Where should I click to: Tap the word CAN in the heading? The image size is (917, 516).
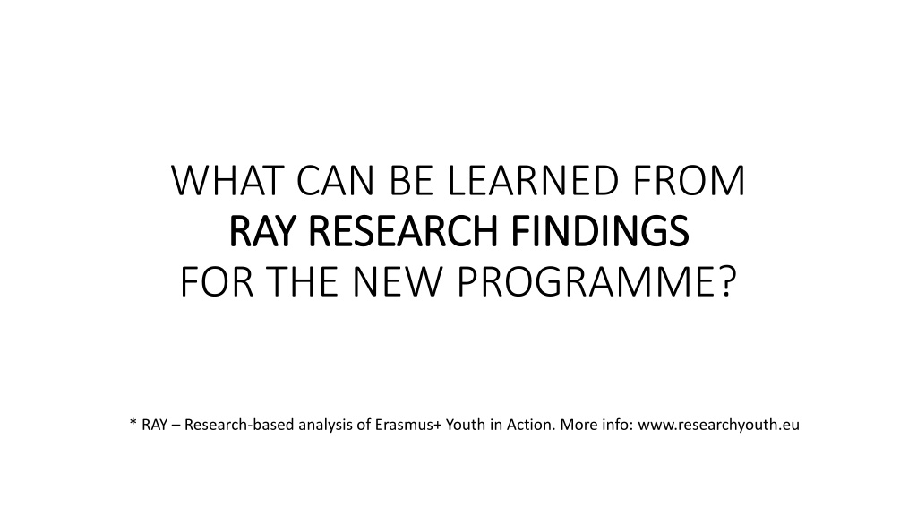click(x=335, y=181)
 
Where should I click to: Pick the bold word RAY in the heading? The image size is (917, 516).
click(x=263, y=231)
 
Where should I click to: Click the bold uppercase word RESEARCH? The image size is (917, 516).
click(x=402, y=231)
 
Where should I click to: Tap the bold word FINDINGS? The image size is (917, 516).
click(x=600, y=231)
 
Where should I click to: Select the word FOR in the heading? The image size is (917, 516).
click(x=217, y=282)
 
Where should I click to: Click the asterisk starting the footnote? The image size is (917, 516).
click(x=133, y=422)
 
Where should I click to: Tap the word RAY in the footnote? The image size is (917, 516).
click(x=154, y=425)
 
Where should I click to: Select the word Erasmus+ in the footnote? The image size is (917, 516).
click(x=408, y=425)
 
